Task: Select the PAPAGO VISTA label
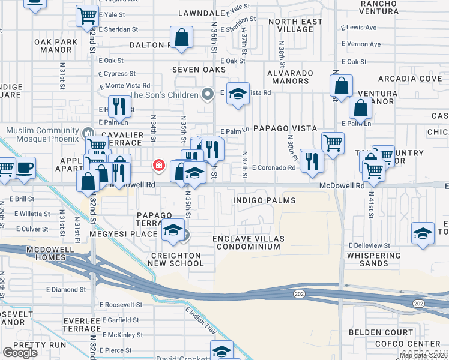click(284, 128)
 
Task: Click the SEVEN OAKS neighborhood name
click(199, 70)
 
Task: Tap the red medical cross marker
click(160, 166)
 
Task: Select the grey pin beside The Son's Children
click(208, 94)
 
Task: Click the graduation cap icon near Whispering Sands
click(423, 233)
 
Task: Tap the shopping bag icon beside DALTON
click(181, 38)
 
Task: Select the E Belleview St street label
click(370, 245)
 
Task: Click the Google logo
click(20, 353)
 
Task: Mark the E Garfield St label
click(120, 320)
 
